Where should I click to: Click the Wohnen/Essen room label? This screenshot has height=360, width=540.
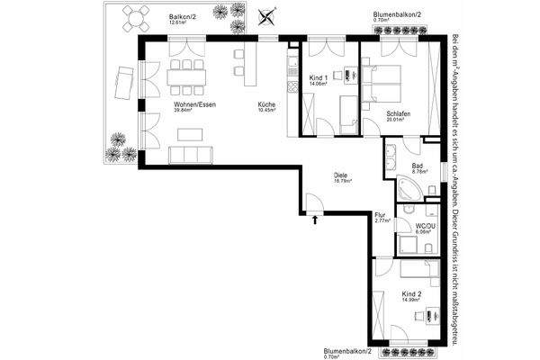pos(194,104)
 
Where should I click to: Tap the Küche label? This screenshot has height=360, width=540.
pos(265,104)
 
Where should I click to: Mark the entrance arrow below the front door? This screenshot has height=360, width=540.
pos(315,218)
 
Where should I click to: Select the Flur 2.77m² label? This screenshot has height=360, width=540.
pos(382,216)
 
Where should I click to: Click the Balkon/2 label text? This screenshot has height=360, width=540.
pos(182,17)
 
